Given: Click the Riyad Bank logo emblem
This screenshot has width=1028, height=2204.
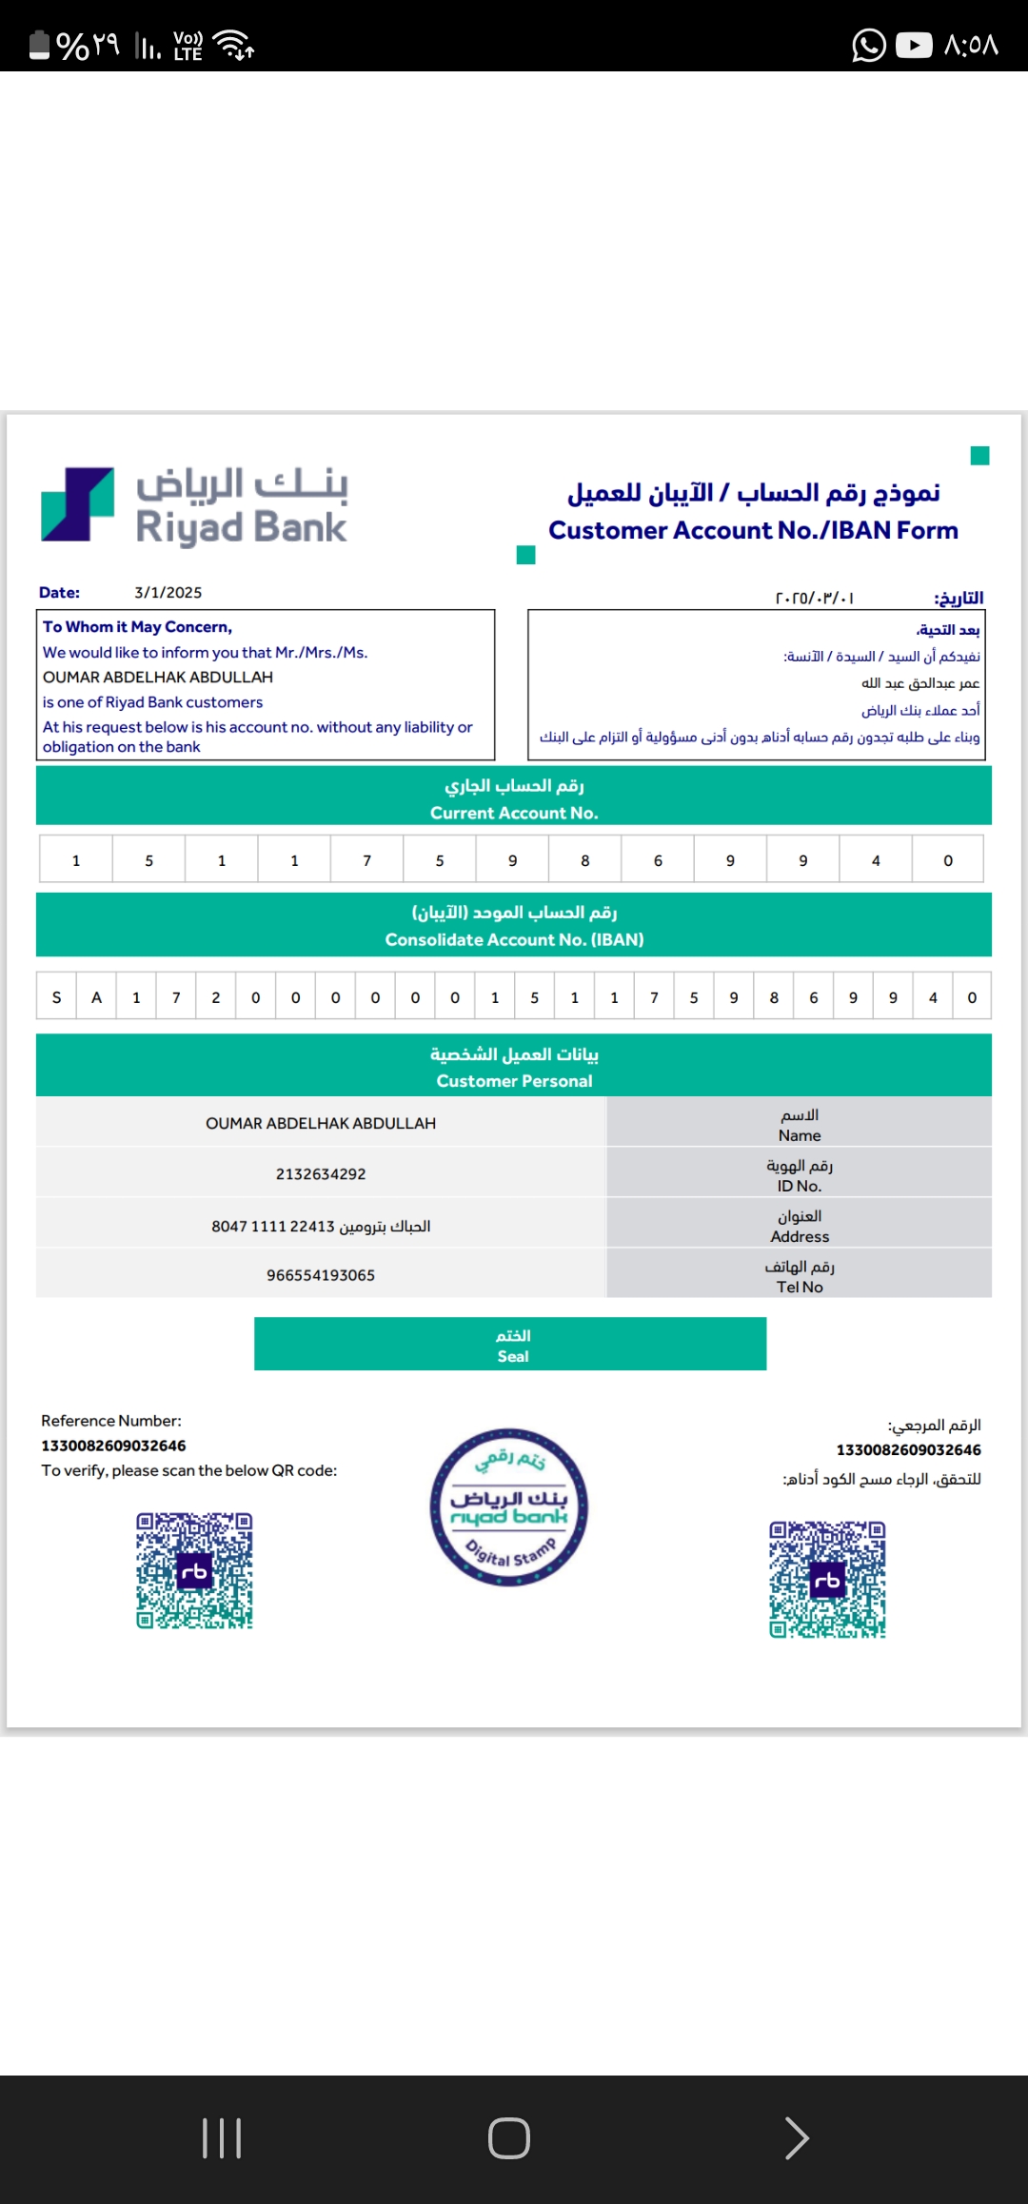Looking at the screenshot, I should (x=77, y=504).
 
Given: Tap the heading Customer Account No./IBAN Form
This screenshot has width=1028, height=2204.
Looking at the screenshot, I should (x=753, y=530).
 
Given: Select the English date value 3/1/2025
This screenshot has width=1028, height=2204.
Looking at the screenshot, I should (x=168, y=593).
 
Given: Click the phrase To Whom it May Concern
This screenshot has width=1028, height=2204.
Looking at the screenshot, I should (x=137, y=627).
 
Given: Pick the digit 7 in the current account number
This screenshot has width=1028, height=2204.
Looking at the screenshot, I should (x=366, y=860).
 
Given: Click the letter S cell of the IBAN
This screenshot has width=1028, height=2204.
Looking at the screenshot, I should (x=56, y=997).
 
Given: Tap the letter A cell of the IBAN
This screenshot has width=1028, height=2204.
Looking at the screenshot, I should (x=96, y=997).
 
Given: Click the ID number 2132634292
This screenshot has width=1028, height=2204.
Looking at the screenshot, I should (x=321, y=1174).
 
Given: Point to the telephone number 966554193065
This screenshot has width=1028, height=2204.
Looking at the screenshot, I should (x=321, y=1275).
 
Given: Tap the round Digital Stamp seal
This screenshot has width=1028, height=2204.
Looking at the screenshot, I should (x=508, y=1507).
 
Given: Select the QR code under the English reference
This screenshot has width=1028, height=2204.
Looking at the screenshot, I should (x=194, y=1571).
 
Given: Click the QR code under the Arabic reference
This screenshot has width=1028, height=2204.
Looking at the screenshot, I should (x=827, y=1580).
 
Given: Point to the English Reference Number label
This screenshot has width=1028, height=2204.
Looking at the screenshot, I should (x=111, y=1421).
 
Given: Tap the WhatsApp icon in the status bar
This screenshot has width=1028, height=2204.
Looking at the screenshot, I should (x=868, y=45).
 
